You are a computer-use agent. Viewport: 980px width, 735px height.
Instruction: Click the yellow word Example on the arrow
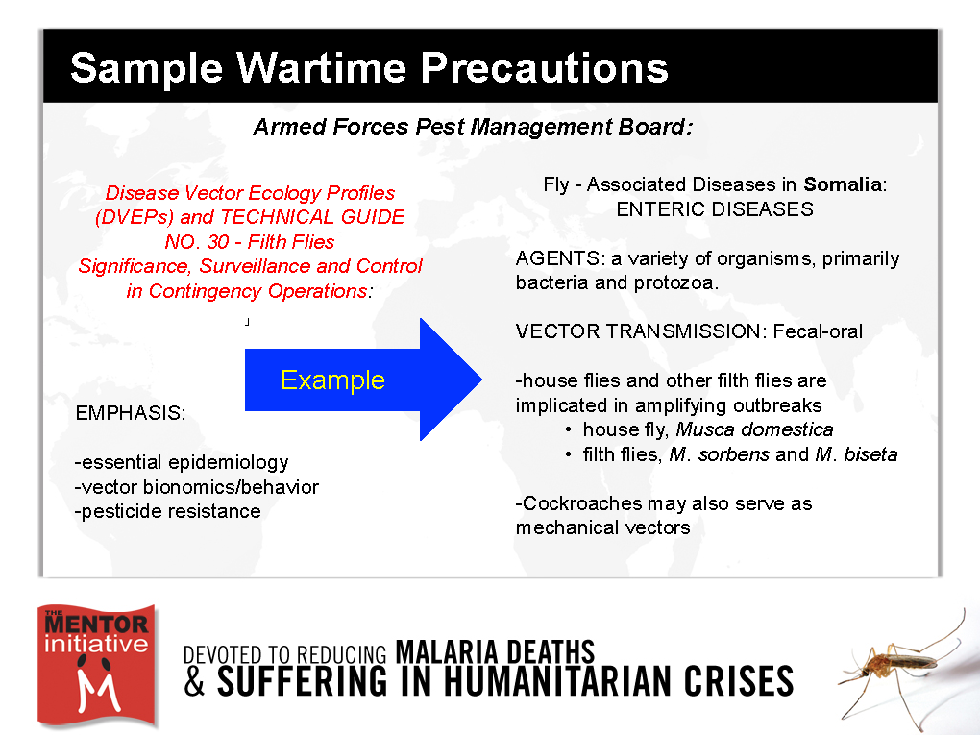332,380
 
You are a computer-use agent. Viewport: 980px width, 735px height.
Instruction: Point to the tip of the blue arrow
482,379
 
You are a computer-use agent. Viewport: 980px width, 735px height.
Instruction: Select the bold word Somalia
843,184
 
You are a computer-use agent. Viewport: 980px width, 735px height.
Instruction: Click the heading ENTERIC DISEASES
715,208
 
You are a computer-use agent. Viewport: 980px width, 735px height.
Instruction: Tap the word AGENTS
557,258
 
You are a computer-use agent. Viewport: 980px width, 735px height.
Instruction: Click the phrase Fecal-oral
818,331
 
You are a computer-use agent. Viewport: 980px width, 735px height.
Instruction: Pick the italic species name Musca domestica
754,429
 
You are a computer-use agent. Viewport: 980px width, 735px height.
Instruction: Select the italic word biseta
870,454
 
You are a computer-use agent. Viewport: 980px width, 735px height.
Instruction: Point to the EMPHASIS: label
131,413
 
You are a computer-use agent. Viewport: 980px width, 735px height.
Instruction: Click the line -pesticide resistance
167,511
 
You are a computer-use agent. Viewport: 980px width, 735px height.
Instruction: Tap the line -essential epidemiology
182,462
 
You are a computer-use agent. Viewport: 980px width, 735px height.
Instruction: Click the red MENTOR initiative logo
96,666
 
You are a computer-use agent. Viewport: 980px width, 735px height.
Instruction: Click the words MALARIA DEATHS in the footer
495,651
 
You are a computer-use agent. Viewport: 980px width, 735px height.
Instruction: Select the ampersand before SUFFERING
194,681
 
